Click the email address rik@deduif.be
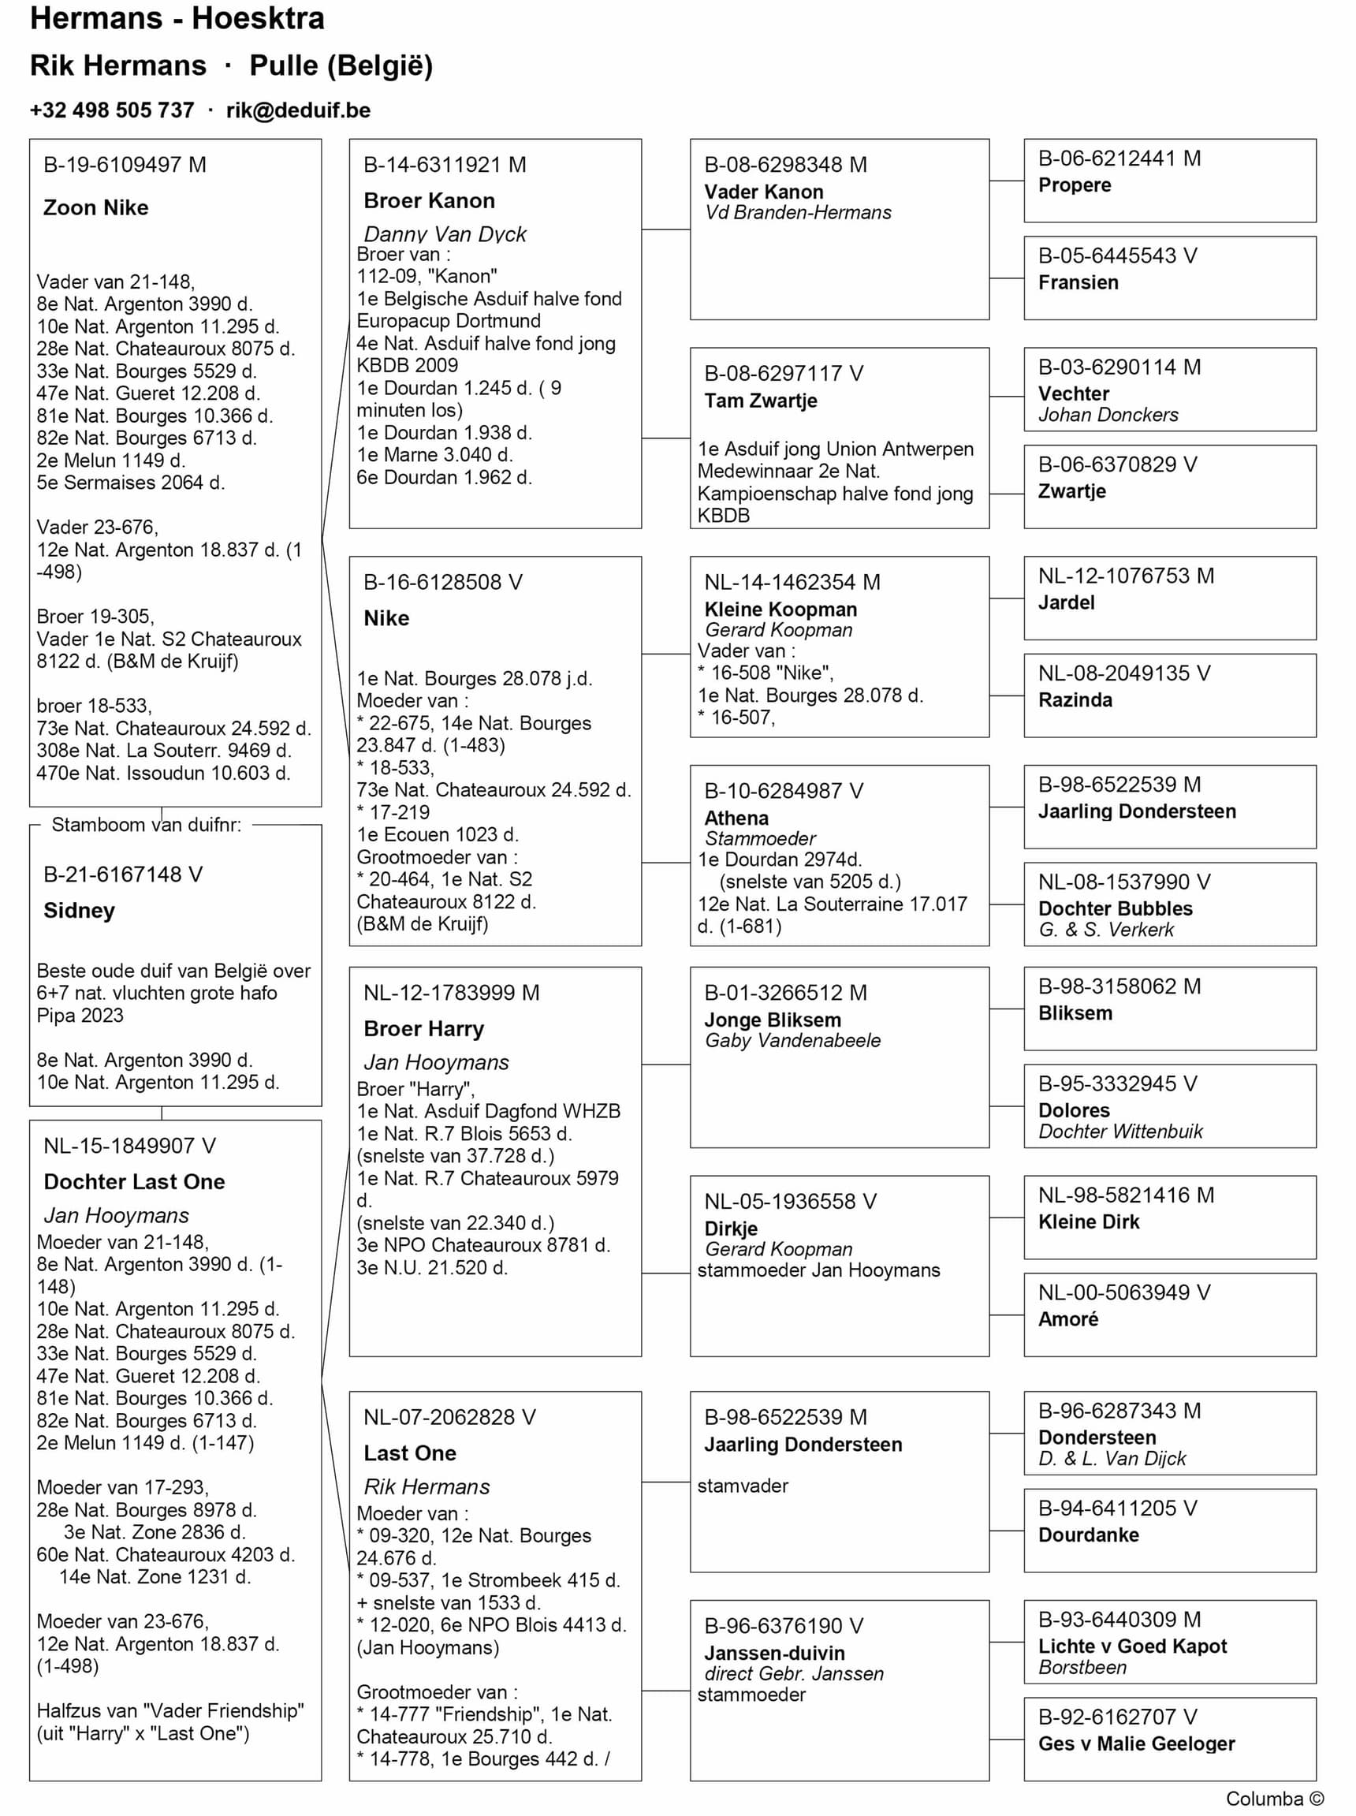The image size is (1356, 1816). coord(298,110)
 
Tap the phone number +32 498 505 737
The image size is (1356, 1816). coord(113,110)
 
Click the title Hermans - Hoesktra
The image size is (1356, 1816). coord(177,19)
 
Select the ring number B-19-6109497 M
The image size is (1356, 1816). coord(125,165)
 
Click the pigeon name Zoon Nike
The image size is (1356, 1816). coord(96,207)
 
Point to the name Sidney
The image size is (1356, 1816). coord(80,911)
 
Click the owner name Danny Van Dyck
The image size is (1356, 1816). coord(445,234)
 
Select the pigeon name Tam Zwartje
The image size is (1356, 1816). coord(761,401)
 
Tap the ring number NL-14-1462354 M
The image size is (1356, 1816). coord(792,582)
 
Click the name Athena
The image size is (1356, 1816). coord(736,818)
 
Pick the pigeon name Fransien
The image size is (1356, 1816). coord(1078,282)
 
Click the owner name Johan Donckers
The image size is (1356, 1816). coord(1108,415)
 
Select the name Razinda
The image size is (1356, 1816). coord(1075,699)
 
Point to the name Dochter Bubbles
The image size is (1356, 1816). coord(1116,908)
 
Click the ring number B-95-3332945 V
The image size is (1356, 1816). coord(1117,1083)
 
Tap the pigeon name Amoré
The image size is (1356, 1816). coord(1068,1318)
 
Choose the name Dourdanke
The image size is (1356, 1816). coord(1089,1534)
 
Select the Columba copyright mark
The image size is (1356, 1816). coord(1274,1799)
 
